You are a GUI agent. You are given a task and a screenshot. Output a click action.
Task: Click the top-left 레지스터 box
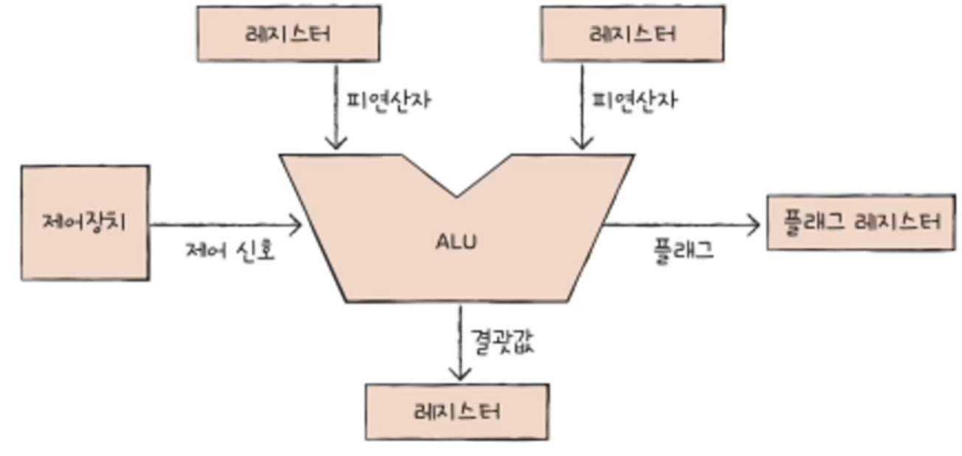pos(288,34)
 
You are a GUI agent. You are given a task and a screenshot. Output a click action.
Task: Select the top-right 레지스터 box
pos(632,34)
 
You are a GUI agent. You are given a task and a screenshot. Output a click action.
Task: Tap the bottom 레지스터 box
pos(457,412)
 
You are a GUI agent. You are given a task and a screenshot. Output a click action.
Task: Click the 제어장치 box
pos(86,223)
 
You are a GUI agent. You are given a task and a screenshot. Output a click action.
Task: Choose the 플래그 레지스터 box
pos(862,222)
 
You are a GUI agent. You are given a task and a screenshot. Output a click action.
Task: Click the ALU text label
pos(457,242)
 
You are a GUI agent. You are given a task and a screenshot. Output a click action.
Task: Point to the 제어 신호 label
pos(230,250)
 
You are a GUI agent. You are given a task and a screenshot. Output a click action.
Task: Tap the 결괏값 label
pos(503,342)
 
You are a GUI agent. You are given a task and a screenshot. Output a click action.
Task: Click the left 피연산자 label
pos(389,100)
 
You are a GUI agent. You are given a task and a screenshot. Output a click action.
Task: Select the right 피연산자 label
pos(634,100)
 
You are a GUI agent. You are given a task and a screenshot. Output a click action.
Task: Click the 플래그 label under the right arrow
pos(683,251)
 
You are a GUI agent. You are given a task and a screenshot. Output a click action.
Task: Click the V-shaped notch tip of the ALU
pos(457,197)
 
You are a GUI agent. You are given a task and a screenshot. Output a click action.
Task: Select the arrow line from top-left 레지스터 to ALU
pos(336,106)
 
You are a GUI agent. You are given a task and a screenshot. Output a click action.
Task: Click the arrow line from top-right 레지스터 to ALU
pos(582,106)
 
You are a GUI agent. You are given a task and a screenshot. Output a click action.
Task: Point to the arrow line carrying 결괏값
pos(460,342)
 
